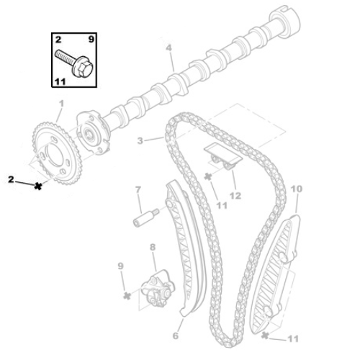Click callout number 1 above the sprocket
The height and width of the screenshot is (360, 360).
pyautogui.click(x=61, y=104)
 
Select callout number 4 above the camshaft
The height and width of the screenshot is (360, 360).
pyautogui.click(x=168, y=48)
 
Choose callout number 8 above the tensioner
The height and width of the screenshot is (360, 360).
pyautogui.click(x=153, y=248)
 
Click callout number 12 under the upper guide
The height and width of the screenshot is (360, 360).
pyautogui.click(x=235, y=196)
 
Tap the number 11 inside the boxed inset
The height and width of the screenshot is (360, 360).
pyautogui.click(x=59, y=83)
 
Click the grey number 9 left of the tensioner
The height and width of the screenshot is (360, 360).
pyautogui.click(x=120, y=268)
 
